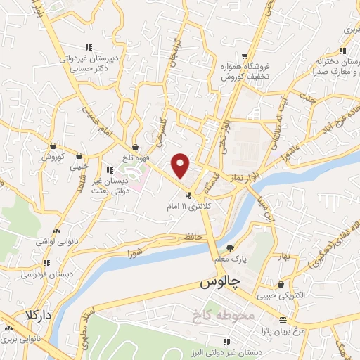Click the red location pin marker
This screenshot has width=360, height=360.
pos(181,165)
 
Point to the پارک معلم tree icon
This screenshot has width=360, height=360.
pos(230,247)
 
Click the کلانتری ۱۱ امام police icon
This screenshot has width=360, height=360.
pos(188,195)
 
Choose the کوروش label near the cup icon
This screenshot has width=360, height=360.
pos(53,156)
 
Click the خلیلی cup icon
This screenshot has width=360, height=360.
pos(78,156)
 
